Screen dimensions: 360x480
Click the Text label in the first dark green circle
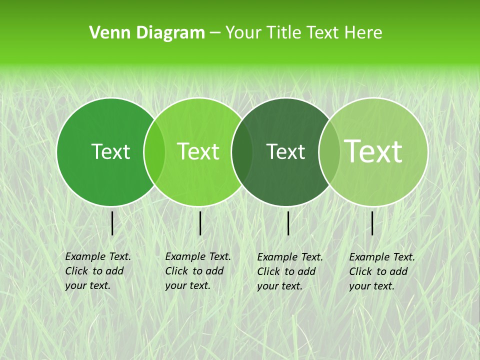[x=110, y=151]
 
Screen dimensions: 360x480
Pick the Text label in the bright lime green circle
[x=198, y=151]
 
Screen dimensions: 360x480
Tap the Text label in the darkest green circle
[x=285, y=151]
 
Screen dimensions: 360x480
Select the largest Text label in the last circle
[x=373, y=151]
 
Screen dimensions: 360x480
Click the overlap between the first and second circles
[x=154, y=152]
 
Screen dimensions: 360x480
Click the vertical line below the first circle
[x=112, y=223]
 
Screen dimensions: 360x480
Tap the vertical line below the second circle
[x=200, y=223]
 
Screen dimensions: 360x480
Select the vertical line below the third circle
[x=288, y=223]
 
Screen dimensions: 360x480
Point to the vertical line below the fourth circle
[x=372, y=223]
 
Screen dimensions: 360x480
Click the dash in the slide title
[x=215, y=33]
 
